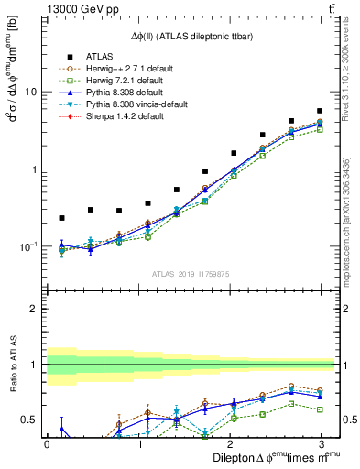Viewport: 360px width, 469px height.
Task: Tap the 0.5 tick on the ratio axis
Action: [x=27, y=420]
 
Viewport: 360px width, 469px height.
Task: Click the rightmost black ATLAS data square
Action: [x=320, y=111]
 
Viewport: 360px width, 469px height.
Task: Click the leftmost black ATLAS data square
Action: [x=61, y=218]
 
